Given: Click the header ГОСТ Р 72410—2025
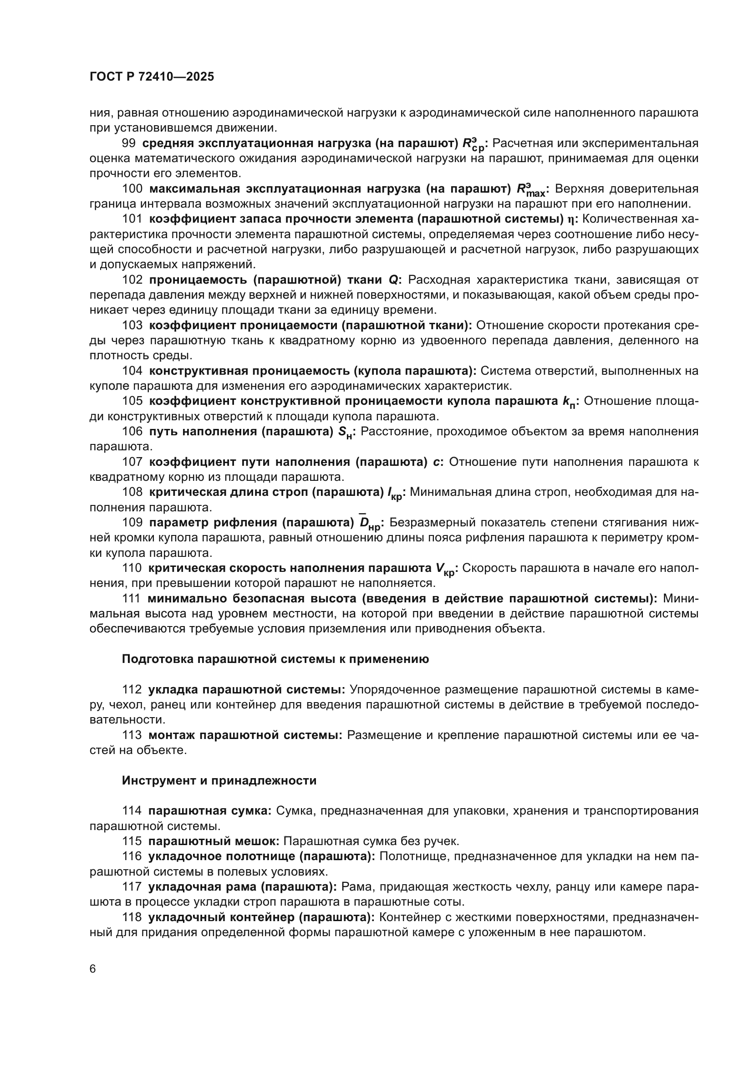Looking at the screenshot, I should click(x=152, y=77).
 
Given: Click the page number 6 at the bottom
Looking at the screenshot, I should click(x=93, y=969).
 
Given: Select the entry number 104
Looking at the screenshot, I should click(x=132, y=371).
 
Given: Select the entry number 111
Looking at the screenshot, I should click(x=132, y=598).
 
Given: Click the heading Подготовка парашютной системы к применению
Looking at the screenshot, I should click(x=275, y=659).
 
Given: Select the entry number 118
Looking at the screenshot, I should click(x=132, y=917).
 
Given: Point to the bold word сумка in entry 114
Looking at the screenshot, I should click(x=252, y=811).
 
